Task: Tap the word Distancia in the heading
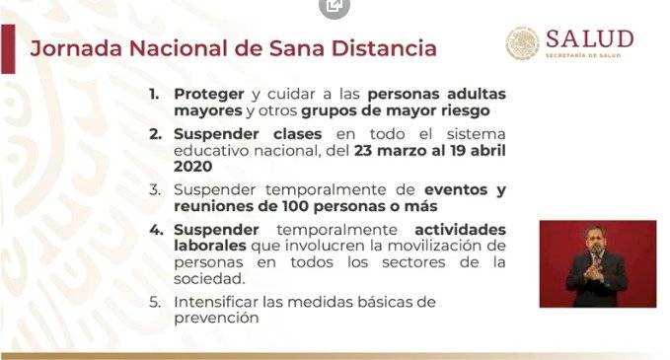pos(384,47)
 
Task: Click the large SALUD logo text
pos(590,39)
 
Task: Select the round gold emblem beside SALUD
pos(523,43)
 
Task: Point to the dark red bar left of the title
pos(8,48)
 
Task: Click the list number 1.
pos(154,94)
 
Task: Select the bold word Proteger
pos(209,95)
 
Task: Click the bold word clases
pos(297,134)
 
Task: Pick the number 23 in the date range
pos(364,151)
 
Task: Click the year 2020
pos(192,167)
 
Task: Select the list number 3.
pos(155,189)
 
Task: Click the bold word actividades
pos(460,230)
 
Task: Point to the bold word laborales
pos(210,246)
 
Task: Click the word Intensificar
pos(216,302)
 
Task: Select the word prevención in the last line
pos(216,319)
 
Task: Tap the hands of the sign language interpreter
pos(594,271)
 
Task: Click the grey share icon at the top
pos(335,6)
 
